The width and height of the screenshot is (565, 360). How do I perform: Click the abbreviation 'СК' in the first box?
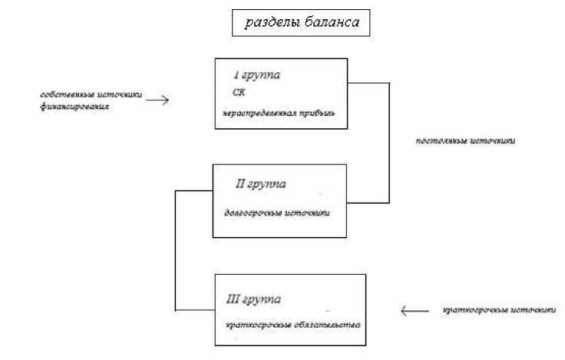coord(239,94)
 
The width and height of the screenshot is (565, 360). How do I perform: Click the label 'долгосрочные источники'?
coord(276,213)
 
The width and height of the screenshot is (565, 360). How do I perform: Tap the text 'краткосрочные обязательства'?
coord(282,324)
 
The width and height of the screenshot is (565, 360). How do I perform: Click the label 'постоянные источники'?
coord(459,141)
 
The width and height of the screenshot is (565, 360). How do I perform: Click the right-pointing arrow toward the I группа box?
coord(157,99)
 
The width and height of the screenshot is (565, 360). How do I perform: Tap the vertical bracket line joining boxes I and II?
coord(389,142)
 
